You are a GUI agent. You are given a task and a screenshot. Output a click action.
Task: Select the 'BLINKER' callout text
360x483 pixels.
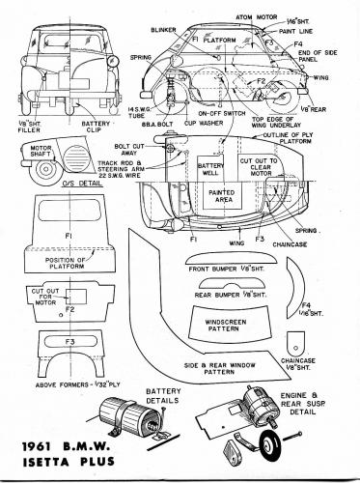click(x=166, y=31)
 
